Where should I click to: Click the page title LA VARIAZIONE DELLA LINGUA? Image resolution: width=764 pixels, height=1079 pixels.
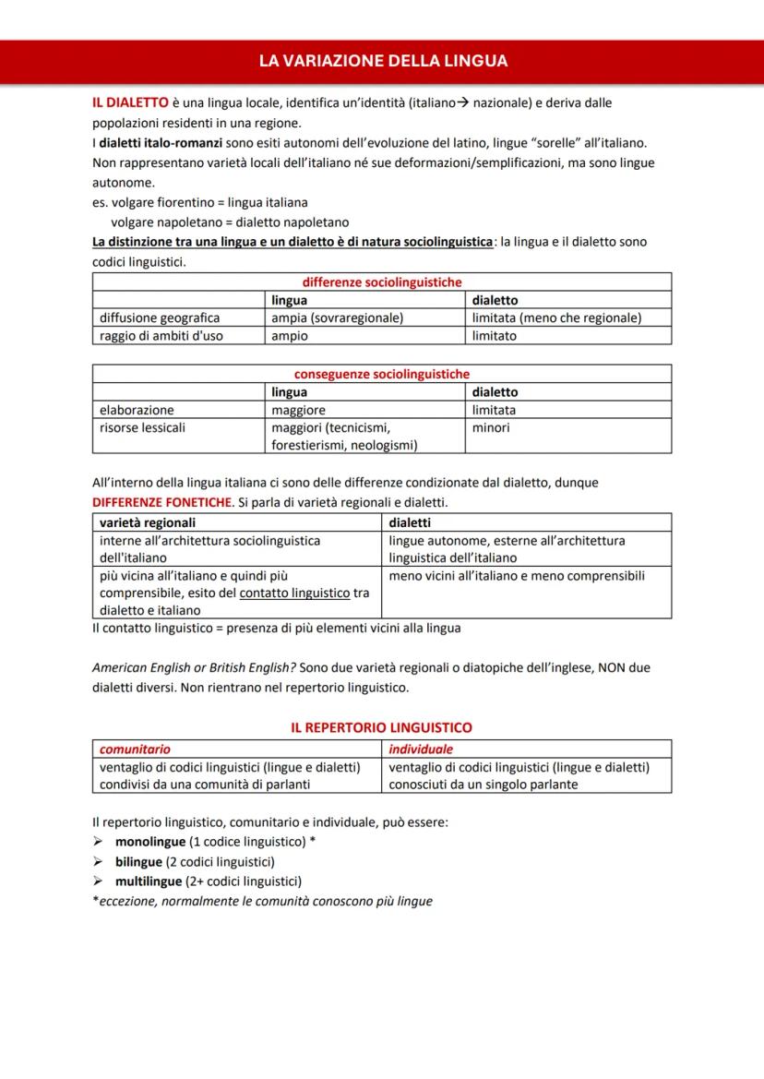382,61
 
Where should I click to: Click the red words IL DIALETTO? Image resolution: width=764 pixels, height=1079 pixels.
130,102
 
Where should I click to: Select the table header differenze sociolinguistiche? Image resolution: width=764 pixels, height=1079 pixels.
382,282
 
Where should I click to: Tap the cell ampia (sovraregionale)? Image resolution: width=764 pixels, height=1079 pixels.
337,318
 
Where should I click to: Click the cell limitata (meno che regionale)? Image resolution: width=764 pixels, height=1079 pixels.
556,318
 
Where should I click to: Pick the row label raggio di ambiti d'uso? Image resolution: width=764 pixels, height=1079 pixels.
161,336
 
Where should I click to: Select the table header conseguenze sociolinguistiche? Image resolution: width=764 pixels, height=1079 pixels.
382,374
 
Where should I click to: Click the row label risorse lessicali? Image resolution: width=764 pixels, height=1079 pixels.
142,427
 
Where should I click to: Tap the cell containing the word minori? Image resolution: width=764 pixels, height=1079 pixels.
491,427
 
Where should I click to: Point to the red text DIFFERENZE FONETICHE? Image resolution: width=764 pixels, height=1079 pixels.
161,502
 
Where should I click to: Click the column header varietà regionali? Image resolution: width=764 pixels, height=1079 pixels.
147,522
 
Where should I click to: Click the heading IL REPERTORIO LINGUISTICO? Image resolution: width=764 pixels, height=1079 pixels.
381,727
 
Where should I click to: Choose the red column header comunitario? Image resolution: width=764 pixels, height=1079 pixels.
135,749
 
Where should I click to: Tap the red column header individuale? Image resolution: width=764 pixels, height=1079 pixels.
421,749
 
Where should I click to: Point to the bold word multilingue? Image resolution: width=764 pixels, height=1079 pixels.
148,881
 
